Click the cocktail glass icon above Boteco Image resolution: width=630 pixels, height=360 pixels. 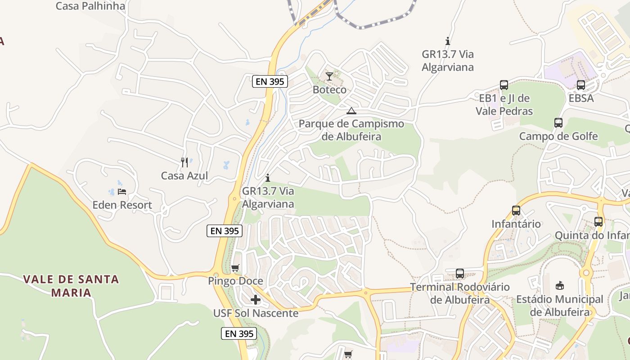click(x=329, y=76)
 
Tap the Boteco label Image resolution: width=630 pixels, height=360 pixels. click(x=330, y=90)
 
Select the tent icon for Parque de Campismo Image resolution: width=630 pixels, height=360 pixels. click(x=351, y=111)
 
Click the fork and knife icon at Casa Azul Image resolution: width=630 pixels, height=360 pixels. click(x=184, y=162)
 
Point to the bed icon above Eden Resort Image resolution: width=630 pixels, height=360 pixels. click(x=122, y=192)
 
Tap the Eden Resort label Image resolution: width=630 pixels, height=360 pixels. click(x=122, y=205)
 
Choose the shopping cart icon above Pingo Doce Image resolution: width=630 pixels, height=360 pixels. click(x=235, y=268)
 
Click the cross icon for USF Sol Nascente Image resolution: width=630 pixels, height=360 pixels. click(x=256, y=300)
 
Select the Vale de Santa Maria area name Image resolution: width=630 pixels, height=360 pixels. click(x=71, y=286)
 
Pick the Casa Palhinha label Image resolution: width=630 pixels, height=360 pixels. click(x=90, y=6)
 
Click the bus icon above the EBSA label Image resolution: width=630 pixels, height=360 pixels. click(x=581, y=85)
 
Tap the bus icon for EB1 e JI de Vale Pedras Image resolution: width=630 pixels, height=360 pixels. click(x=504, y=85)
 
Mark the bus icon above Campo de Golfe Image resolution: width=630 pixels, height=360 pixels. click(x=558, y=122)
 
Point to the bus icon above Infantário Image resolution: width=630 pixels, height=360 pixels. click(x=516, y=210)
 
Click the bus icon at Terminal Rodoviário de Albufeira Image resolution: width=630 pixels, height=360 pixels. click(x=460, y=274)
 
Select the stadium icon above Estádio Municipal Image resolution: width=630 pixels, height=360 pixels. click(x=560, y=285)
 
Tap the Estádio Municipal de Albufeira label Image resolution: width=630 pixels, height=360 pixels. click(x=560, y=306)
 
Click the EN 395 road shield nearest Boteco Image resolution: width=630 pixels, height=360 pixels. click(x=270, y=81)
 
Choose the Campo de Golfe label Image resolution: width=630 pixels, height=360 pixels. click(x=558, y=136)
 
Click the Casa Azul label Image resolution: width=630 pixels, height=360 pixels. click(x=184, y=175)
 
